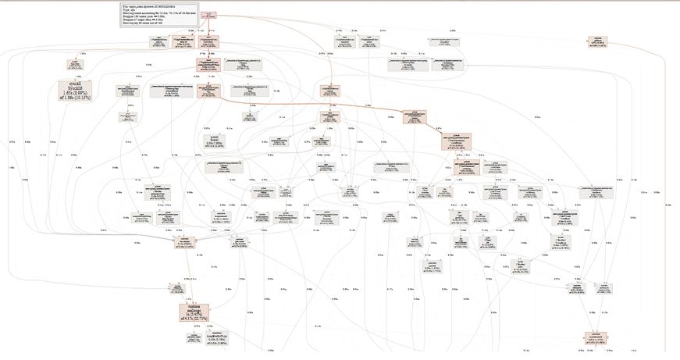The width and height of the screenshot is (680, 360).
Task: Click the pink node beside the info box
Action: pyautogui.click(x=208, y=14)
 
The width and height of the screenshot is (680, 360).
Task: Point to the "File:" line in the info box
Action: pyautogui.click(x=148, y=6)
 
